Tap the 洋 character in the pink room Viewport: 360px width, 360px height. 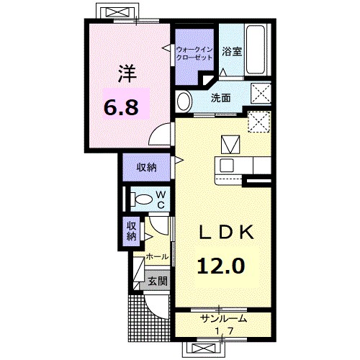127,73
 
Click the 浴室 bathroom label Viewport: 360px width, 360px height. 231,52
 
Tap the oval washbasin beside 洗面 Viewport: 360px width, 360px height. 184,99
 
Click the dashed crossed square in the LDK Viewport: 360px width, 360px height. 257,120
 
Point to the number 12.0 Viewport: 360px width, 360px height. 221,266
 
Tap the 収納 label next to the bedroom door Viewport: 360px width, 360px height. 147,167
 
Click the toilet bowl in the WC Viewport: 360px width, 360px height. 142,199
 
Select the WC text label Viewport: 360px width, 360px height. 161,199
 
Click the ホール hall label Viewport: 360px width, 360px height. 157,256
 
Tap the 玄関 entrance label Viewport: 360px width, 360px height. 157,282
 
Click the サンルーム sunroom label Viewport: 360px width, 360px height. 223,318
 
